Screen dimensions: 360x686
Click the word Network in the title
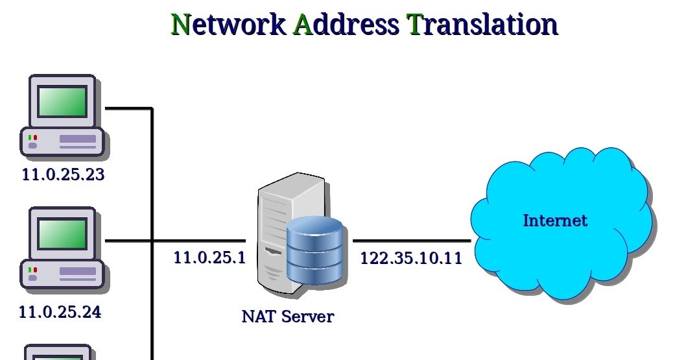(228, 25)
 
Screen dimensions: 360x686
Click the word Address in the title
(346, 25)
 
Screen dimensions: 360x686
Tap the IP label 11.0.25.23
(63, 174)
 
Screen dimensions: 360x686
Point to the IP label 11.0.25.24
(60, 312)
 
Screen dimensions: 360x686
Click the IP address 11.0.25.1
(209, 258)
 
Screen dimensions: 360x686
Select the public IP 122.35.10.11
(411, 258)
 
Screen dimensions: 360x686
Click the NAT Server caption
(287, 317)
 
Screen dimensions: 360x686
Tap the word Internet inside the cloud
(555, 221)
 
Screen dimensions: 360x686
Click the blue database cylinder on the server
(314, 251)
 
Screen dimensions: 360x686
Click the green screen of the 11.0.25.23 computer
(62, 101)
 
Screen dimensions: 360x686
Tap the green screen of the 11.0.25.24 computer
(62, 234)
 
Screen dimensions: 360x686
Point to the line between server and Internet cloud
(412, 241)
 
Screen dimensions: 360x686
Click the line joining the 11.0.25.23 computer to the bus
(128, 108)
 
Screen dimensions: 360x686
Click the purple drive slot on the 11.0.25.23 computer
(77, 139)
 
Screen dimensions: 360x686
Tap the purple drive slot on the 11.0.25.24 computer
(77, 271)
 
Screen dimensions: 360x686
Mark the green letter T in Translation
(414, 25)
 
